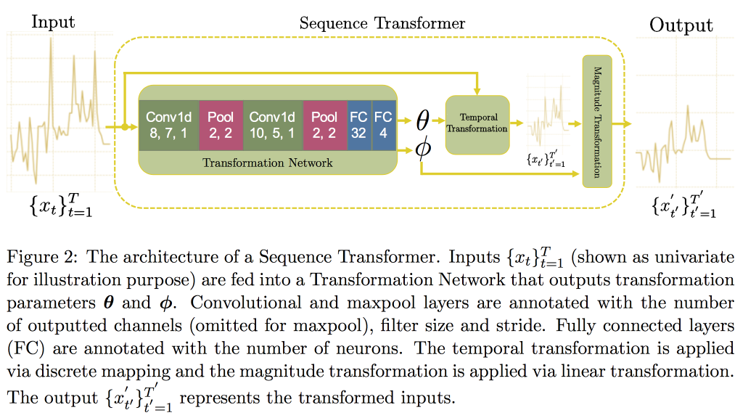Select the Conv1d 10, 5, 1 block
(272, 125)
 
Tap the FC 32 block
(358, 125)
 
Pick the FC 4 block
(382, 125)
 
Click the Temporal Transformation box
(477, 124)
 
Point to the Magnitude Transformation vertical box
(597, 121)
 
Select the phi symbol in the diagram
(422, 148)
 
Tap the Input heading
(53, 22)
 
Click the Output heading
(681, 25)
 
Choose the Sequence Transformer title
(382, 23)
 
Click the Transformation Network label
(268, 163)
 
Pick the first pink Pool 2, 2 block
(221, 125)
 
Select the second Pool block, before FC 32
(324, 125)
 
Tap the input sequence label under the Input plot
(60, 207)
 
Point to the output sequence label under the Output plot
(682, 207)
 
